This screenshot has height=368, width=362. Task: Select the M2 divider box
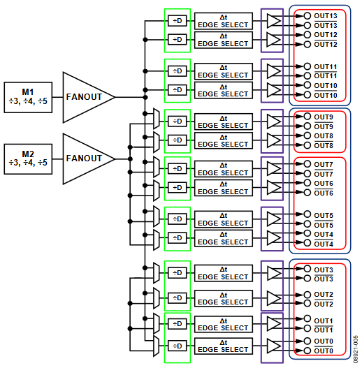coord(29,159)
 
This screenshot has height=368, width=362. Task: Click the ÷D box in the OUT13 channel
coord(178,20)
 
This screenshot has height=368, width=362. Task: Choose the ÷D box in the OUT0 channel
coord(178,346)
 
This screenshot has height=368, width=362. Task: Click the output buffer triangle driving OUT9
coord(274,121)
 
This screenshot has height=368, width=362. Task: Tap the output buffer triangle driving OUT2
coord(274,298)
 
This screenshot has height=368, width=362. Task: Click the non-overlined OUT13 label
coord(326,15)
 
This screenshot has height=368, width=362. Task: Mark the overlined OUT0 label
coord(325,350)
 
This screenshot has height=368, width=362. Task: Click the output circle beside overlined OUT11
coord(307,75)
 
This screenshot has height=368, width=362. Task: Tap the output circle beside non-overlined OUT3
coord(307,270)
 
